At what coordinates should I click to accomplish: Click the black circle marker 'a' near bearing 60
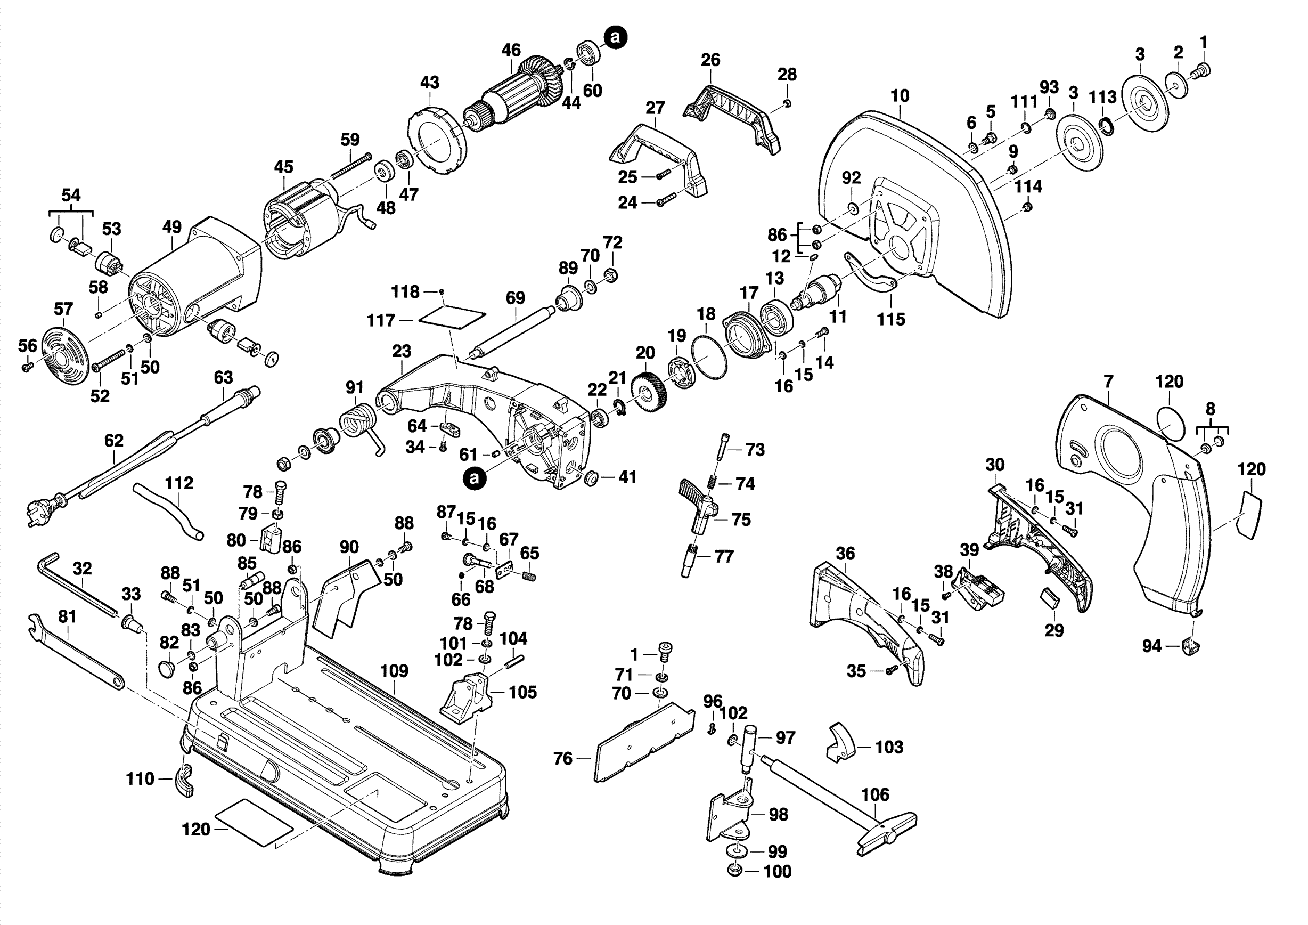(x=615, y=38)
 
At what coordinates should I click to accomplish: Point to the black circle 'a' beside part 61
(x=475, y=478)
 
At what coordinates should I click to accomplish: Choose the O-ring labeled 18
(x=709, y=357)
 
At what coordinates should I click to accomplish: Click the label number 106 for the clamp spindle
(x=874, y=794)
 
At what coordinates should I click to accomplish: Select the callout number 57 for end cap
(x=63, y=310)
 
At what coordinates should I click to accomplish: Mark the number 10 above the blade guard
(x=900, y=96)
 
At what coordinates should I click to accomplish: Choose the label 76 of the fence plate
(x=562, y=759)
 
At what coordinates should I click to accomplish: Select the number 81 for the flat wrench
(x=67, y=616)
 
